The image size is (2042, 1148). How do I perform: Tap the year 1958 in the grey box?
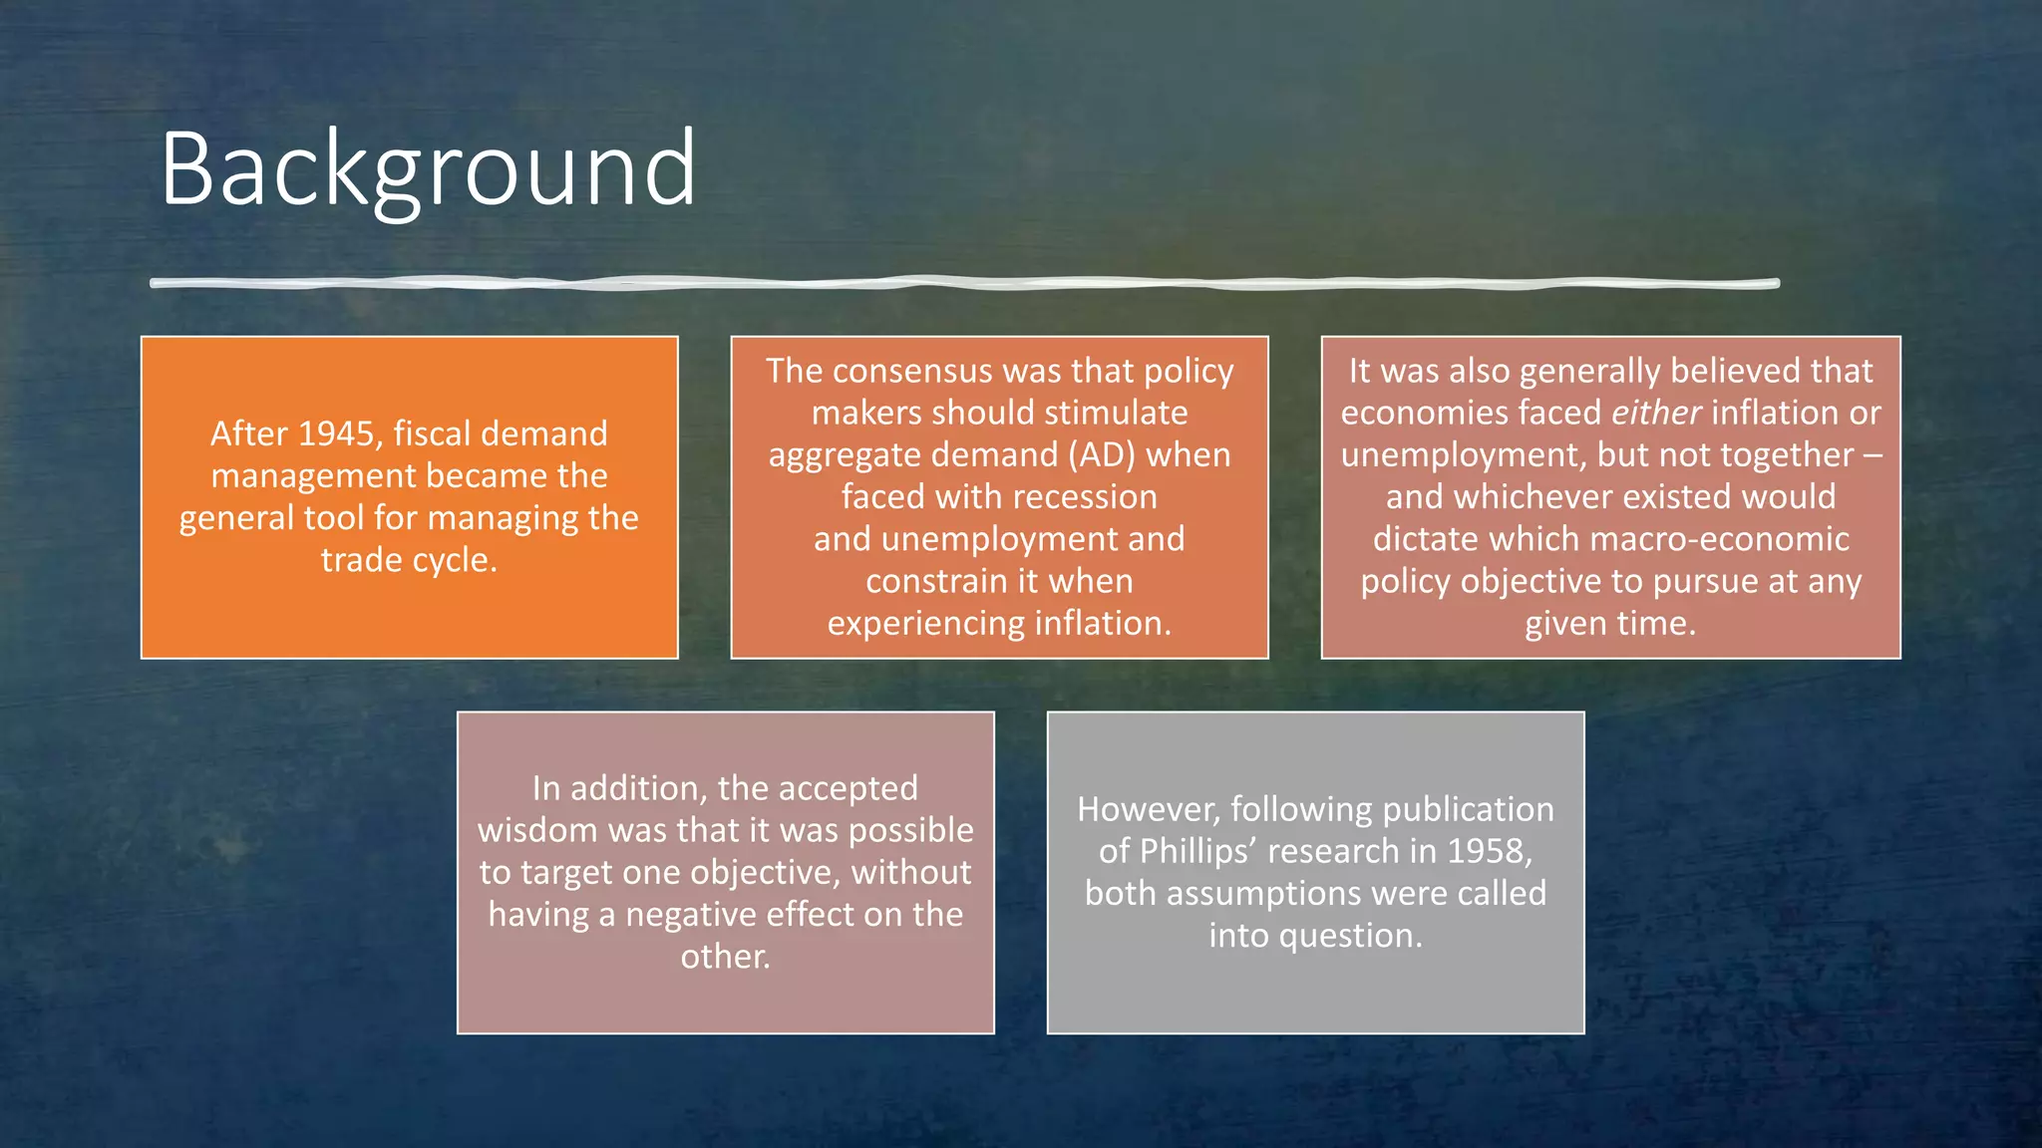click(1490, 851)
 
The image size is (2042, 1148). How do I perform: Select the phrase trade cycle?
click(409, 560)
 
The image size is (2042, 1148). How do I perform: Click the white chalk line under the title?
click(964, 284)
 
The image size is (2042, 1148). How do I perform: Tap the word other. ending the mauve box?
click(725, 957)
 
